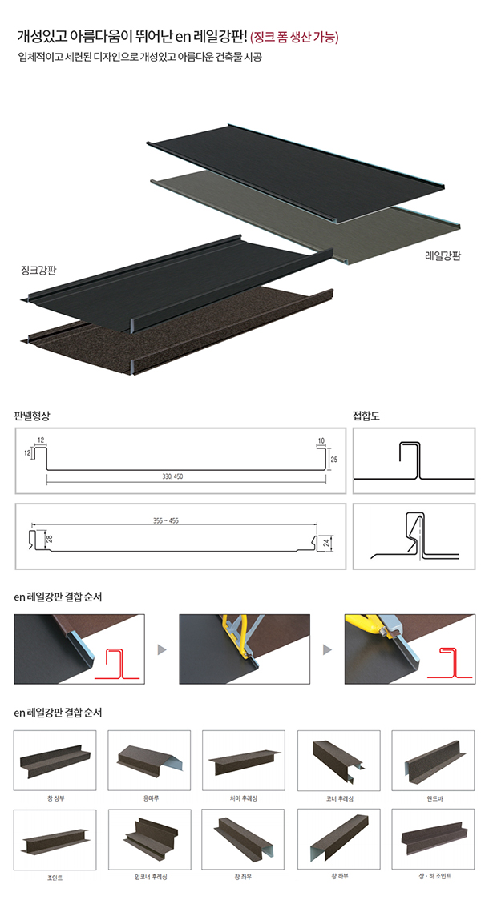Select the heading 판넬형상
pos(33,416)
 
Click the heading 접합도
pos(366,416)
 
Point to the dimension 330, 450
pos(172,476)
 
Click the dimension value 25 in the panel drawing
pos(333,460)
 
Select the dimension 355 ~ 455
pos(166,520)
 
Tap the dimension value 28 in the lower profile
pos(50,539)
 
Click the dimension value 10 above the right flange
pos(321,440)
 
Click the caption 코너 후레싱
pos(340,798)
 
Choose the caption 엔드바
pos(434,798)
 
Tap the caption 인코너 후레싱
pos(151,877)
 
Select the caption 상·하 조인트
pos(434,877)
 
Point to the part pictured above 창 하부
pos(339,842)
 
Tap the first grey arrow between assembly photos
pos(162,649)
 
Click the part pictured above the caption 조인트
pos(55,840)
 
